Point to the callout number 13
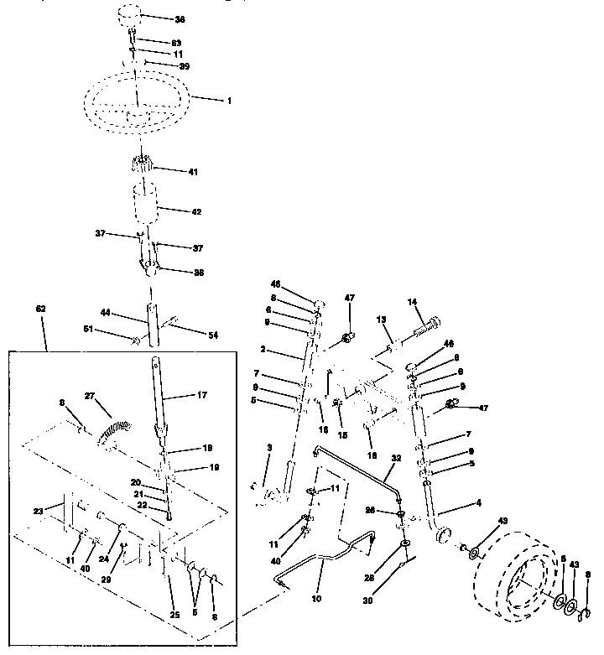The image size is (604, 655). [380, 320]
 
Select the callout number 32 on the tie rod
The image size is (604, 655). [396, 459]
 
